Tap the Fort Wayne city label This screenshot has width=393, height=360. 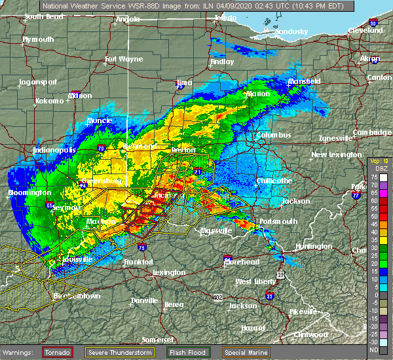pyautogui.click(x=124, y=60)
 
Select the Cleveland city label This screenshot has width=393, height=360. pyautogui.click(x=365, y=31)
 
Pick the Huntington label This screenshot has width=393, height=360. pyautogui.click(x=313, y=246)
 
